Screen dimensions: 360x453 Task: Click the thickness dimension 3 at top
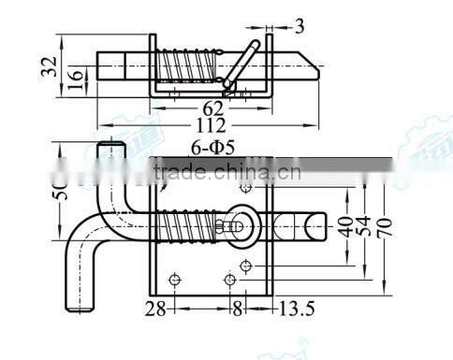coord(299,26)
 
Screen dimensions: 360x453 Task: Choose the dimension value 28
coord(157,308)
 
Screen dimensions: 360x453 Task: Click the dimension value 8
coord(238,308)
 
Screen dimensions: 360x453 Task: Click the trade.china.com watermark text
coord(225,171)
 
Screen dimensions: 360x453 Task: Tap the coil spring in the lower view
coord(192,228)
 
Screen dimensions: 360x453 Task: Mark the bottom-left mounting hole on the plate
coord(174,279)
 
